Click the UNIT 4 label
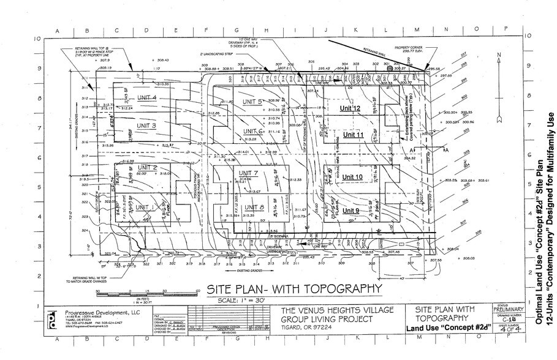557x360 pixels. pos(146,98)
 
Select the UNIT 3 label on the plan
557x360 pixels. pos(146,126)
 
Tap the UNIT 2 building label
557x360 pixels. pos(148,168)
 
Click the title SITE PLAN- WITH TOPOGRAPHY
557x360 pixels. pos(294,288)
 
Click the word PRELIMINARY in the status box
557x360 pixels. pos(508,310)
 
